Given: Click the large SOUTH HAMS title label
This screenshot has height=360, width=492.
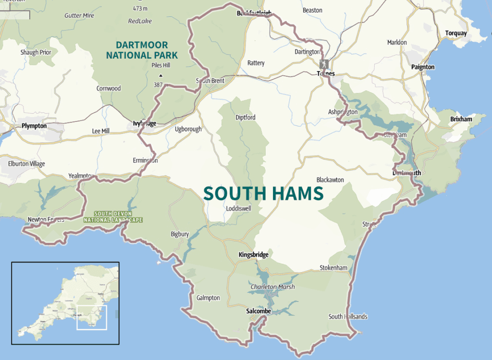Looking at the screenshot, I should coord(263,193).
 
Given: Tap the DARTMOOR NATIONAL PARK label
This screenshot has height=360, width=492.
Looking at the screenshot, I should coord(142,50).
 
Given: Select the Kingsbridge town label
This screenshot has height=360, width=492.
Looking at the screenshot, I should coord(253,255).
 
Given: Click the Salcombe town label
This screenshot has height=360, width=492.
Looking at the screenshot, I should coord(258,311).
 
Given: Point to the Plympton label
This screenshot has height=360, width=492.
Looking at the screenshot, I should coord(34,126).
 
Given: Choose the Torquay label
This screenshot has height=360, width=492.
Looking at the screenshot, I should coord(456,33).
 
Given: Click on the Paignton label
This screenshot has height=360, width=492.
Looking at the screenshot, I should coord(423,67).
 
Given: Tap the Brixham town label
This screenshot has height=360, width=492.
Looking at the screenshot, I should coord(461,119).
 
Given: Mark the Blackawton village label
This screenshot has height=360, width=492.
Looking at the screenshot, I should coord(330,180).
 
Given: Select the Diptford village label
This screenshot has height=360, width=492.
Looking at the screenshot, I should coord(246,117).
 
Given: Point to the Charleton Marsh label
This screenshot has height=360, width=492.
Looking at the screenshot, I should coord(272,287).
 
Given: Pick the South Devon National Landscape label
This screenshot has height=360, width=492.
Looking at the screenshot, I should coord(112,217).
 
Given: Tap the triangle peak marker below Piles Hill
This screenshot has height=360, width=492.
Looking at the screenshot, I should coord(160,76).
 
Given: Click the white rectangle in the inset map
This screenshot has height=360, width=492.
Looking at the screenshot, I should coord(91,317).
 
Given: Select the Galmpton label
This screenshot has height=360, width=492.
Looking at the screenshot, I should coord(208,298).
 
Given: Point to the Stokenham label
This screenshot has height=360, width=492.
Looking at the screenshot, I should coord(333,268).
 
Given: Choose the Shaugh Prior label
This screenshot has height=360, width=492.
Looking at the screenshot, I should coord(36,52).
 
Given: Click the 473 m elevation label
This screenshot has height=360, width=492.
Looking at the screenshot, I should coord(140,8).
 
